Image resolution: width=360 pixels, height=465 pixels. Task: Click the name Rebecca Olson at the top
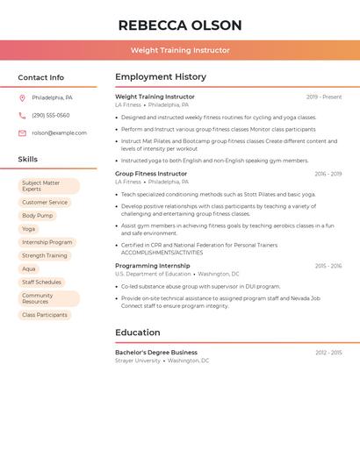(x=180, y=25)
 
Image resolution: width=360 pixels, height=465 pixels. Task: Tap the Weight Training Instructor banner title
(x=180, y=50)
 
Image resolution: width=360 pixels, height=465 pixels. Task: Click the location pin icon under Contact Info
(x=22, y=97)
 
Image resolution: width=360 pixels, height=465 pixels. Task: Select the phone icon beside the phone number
(x=22, y=115)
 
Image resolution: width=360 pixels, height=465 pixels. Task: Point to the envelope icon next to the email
(x=22, y=133)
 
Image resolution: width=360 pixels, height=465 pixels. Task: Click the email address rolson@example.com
(x=59, y=133)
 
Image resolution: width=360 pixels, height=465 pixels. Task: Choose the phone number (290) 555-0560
(x=50, y=115)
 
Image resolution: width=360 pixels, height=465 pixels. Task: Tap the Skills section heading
(x=28, y=160)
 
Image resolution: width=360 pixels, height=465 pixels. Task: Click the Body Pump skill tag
(x=38, y=215)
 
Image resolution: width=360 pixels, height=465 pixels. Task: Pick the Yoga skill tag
(x=29, y=229)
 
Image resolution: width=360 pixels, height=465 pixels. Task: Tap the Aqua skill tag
(x=29, y=268)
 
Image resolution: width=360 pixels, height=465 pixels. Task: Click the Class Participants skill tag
(x=45, y=315)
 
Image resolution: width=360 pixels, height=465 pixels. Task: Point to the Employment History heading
(x=161, y=77)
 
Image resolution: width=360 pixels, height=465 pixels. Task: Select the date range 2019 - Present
(x=324, y=97)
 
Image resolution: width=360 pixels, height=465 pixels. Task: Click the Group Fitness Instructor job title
(x=151, y=174)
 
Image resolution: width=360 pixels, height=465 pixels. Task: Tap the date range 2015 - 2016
(x=328, y=265)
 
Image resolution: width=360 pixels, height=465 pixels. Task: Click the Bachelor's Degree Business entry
(x=156, y=352)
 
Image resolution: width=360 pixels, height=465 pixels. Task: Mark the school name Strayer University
(x=138, y=361)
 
